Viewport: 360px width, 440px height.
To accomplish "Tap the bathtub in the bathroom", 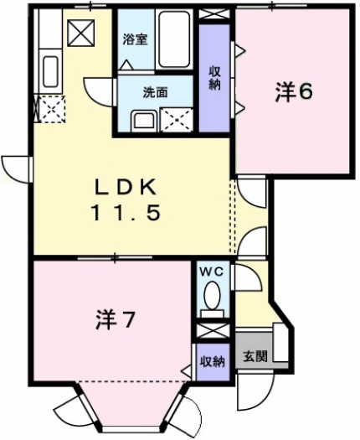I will coord(173,37).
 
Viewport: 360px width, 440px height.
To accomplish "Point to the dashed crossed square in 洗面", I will coord(177,119).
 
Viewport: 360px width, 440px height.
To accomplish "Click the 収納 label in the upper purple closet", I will coord(214,77).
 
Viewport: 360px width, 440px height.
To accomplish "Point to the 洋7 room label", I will coord(114,319).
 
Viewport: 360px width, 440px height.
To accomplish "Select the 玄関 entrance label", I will coord(255,355).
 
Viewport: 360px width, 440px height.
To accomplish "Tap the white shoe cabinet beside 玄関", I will coord(280,347).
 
